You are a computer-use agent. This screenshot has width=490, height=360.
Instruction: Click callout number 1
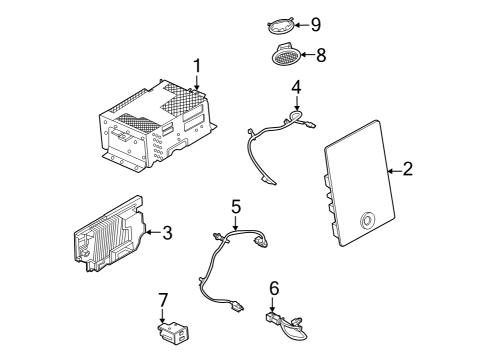tap(197, 67)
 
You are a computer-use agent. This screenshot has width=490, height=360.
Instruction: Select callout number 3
tap(167, 233)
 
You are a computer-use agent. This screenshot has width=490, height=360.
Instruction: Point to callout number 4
tap(296, 89)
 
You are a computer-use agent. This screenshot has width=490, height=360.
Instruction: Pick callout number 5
tap(236, 208)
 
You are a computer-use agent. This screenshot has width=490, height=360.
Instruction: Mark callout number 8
tap(321, 56)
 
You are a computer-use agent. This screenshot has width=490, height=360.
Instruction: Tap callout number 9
tap(315, 23)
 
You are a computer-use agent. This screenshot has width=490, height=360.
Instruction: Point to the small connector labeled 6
tap(276, 320)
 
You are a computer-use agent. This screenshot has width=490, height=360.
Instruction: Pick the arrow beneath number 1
tap(197, 86)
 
